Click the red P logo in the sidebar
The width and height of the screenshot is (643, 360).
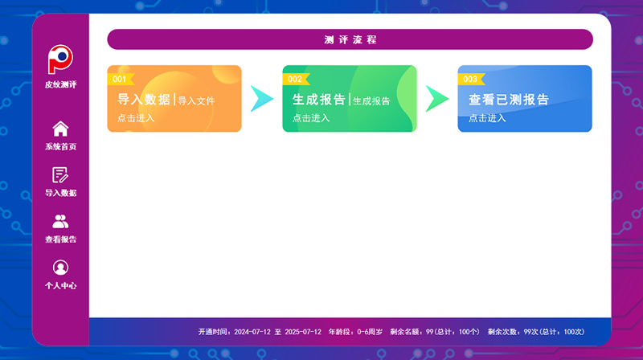[x=59, y=59]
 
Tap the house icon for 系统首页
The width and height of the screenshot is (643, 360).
[x=60, y=129]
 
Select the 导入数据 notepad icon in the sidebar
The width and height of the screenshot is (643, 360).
[x=60, y=175]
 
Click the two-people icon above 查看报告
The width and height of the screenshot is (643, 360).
[x=60, y=222]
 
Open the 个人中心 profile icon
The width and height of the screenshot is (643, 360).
[x=60, y=268]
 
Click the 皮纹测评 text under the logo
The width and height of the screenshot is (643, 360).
[x=61, y=84]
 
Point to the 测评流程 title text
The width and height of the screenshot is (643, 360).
[x=350, y=39]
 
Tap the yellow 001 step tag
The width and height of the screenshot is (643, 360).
[x=121, y=79]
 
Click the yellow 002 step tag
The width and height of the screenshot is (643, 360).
[x=296, y=79]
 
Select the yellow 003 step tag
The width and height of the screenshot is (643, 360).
[x=471, y=79]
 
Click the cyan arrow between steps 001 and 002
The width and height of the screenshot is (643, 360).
[x=263, y=99]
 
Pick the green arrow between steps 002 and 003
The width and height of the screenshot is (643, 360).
[x=437, y=99]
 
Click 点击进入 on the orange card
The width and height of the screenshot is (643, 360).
[x=136, y=118]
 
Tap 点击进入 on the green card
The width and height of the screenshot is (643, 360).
[x=311, y=118]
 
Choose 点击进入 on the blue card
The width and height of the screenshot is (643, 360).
[x=487, y=118]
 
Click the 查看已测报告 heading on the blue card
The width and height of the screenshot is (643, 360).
[x=509, y=100]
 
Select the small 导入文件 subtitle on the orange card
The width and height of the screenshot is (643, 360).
[x=196, y=101]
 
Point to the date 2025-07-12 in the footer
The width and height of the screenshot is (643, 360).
[x=303, y=332]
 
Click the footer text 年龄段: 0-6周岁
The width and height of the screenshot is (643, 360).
[x=355, y=332]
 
